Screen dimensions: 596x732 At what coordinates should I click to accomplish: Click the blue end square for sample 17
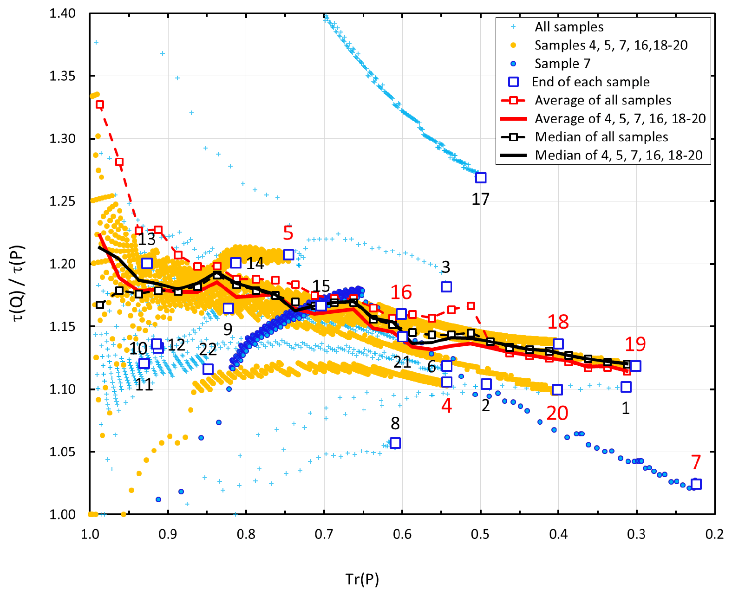481,178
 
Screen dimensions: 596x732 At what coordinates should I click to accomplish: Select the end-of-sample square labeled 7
696,484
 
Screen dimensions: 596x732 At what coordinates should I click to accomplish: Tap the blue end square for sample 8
395,443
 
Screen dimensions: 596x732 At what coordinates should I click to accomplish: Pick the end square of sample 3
446,287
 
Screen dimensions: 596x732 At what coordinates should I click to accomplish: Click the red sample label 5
288,233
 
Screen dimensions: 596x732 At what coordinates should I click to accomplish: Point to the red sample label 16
401,292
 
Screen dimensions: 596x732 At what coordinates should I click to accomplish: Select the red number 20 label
557,413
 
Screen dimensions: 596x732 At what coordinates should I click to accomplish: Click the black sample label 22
208,349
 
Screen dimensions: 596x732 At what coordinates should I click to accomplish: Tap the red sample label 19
635,344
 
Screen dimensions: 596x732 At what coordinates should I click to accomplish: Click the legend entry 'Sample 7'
562,63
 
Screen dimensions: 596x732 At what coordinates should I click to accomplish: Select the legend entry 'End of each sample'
590,82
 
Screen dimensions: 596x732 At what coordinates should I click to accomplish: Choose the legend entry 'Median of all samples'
601,137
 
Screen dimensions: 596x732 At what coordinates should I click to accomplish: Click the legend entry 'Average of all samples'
603,100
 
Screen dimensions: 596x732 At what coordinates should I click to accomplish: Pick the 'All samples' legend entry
569,27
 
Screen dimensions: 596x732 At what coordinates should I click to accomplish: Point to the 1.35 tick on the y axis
62,76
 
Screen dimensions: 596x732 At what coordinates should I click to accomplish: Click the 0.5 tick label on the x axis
480,534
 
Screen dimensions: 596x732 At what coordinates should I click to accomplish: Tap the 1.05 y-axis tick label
62,452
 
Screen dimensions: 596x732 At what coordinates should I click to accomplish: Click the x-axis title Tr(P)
362,579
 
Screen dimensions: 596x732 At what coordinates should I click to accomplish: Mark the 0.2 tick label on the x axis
714,534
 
